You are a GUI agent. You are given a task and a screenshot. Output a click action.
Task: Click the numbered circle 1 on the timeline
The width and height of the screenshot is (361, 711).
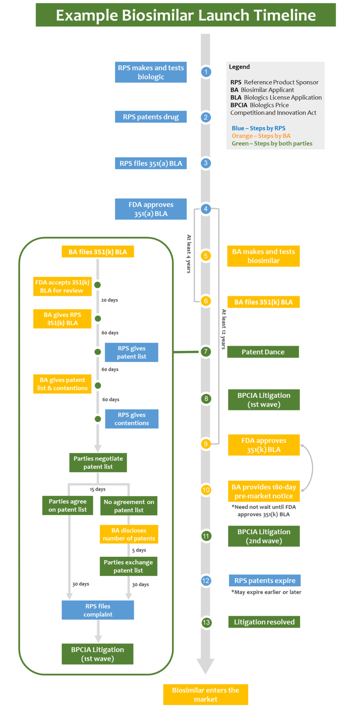tap(206, 72)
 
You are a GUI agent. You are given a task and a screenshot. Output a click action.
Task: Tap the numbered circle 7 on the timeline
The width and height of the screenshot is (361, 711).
tap(206, 351)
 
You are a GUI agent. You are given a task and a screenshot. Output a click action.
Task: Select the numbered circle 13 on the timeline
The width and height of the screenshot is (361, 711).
tap(206, 622)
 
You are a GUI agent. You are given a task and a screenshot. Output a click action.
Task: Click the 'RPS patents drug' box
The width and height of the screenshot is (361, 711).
tap(151, 117)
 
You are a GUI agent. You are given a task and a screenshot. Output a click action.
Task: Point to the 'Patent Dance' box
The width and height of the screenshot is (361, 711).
tap(263, 352)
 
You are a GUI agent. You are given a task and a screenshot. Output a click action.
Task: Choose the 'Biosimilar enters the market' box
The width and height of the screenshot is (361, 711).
tap(206, 694)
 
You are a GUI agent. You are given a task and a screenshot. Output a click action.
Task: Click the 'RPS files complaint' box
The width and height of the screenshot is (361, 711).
tap(98, 610)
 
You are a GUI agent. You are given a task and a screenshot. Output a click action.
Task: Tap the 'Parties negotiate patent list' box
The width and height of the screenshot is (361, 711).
tap(98, 462)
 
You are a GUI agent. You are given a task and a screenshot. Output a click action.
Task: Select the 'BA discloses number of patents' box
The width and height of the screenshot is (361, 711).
tap(129, 534)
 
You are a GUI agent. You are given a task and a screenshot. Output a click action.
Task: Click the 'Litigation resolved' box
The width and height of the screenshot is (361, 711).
tap(264, 622)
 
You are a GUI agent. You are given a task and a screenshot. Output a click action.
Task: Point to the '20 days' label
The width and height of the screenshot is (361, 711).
tap(109, 300)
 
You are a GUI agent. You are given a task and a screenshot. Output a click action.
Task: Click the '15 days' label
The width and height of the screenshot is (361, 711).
tap(98, 489)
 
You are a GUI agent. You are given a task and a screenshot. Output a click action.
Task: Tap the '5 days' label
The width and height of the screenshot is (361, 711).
tap(139, 550)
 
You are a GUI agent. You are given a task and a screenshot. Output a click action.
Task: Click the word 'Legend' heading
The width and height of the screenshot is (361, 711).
tap(239, 67)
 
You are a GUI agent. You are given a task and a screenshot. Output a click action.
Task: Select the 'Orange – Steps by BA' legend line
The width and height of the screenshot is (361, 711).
tap(261, 136)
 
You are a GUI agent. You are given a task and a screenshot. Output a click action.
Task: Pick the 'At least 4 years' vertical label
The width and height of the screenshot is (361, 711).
tap(189, 254)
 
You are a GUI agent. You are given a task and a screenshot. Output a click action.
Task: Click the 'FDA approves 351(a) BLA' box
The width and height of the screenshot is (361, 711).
tap(151, 209)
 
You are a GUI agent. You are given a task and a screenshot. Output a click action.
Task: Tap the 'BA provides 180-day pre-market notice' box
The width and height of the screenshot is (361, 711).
tap(264, 491)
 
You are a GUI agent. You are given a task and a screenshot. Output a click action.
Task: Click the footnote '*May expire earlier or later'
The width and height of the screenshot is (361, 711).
tap(266, 592)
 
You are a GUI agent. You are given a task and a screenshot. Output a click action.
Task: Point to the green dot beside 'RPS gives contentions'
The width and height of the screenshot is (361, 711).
tap(98, 419)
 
